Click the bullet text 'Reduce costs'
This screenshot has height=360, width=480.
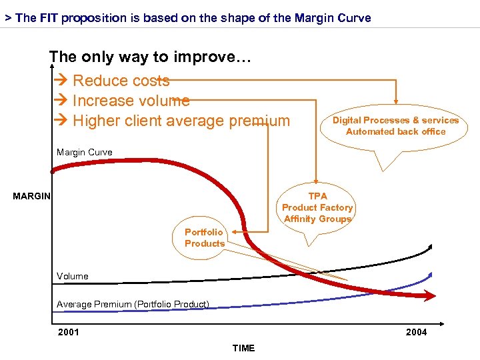click(121, 81)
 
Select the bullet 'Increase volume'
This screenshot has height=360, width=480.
click(131, 101)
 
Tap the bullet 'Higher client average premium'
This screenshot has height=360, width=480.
click(181, 121)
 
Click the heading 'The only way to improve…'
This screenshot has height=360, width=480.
click(150, 57)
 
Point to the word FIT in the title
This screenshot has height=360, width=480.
click(49, 18)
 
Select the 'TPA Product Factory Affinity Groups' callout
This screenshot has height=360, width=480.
click(317, 207)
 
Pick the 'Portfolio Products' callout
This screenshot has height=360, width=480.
click(205, 238)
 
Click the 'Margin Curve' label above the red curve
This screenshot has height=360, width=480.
click(85, 153)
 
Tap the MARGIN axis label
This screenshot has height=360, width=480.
click(31, 196)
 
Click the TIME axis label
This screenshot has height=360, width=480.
click(243, 348)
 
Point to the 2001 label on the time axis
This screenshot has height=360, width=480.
click(68, 332)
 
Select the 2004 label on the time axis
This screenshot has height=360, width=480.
click(416, 332)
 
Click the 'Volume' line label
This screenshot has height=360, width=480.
click(72, 276)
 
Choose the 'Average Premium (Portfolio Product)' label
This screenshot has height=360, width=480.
click(133, 305)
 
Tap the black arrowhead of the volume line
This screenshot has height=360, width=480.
click(430, 247)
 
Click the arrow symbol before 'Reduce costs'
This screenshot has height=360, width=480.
click(62, 81)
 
